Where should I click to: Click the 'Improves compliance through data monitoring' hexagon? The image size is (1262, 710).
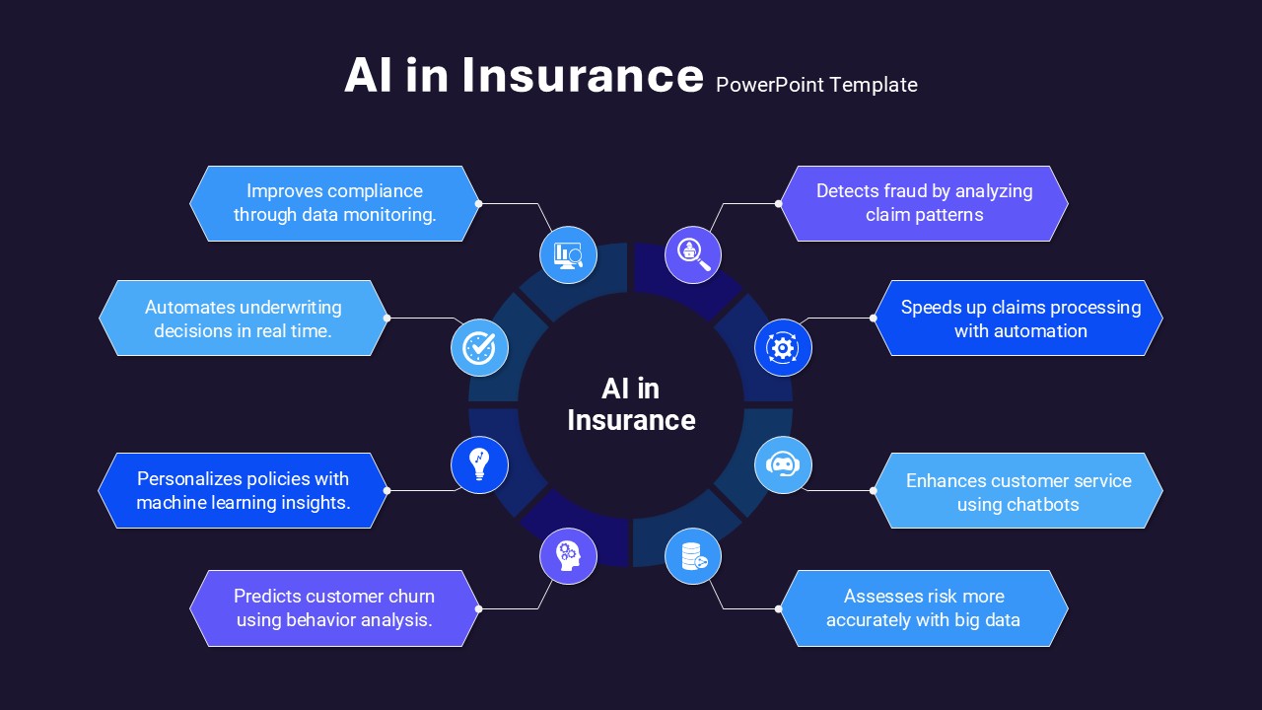pyautogui.click(x=334, y=203)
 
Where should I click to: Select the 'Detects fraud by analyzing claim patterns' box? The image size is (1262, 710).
pyautogui.click(x=924, y=203)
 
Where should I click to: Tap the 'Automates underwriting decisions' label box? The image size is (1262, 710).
pyautogui.click(x=244, y=318)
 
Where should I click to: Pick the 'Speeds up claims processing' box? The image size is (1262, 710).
pyautogui.click(x=1018, y=318)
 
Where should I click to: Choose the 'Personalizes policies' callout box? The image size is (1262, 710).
pyautogui.click(x=244, y=490)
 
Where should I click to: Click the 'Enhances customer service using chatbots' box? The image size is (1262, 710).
pyautogui.click(x=1018, y=490)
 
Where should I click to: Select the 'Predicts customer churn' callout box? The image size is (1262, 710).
pyautogui.click(x=334, y=608)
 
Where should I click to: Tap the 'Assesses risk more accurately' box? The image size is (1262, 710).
pyautogui.click(x=924, y=608)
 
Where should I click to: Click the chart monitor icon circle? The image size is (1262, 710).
pyautogui.click(x=568, y=255)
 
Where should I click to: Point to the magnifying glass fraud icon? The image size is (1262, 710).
pyautogui.click(x=693, y=255)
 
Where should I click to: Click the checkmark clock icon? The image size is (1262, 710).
pyautogui.click(x=479, y=348)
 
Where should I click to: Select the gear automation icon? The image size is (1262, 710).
pyautogui.click(x=783, y=348)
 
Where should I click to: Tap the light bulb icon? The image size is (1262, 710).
pyautogui.click(x=479, y=464)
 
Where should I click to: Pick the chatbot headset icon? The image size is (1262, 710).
pyautogui.click(x=783, y=464)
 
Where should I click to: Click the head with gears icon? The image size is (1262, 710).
pyautogui.click(x=568, y=556)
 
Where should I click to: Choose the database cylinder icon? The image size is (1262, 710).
pyautogui.click(x=693, y=556)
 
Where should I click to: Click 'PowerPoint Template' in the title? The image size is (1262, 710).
pyautogui.click(x=816, y=85)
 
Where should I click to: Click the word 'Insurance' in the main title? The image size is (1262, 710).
pyautogui.click(x=583, y=76)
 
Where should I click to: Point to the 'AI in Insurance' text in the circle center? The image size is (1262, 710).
pyautogui.click(x=631, y=404)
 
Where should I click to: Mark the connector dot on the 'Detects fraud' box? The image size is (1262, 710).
pyautogui.click(x=778, y=203)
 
